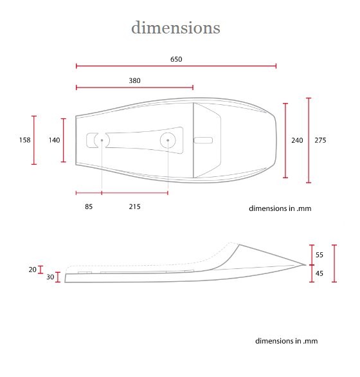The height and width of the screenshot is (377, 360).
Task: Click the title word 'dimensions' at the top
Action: tap(175, 28)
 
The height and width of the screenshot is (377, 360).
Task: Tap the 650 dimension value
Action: tap(176, 59)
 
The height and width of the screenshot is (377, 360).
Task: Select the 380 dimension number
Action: tap(134, 80)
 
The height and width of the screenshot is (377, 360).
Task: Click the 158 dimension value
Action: tap(25, 140)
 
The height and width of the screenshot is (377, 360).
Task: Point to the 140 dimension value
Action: tap(54, 140)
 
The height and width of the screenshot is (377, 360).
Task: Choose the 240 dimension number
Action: tap(297, 140)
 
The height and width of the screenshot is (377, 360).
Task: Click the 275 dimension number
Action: tap(320, 140)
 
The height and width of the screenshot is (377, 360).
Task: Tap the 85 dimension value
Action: tap(89, 207)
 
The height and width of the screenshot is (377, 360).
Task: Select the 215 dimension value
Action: tap(134, 207)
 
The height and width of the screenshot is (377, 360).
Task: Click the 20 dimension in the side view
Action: tap(32, 270)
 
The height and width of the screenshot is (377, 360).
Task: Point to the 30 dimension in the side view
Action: tap(50, 277)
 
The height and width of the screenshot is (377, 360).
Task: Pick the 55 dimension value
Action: tap(319, 255)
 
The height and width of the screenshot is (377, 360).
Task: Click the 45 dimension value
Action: tap(319, 273)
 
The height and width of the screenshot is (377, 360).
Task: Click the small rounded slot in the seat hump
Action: tap(203, 140)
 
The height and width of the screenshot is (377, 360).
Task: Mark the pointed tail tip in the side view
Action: tap(305, 265)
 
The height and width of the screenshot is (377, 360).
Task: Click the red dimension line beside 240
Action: tap(285, 141)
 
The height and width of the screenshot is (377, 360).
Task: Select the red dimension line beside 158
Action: tap(34, 140)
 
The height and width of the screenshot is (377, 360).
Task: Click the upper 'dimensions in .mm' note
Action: tap(280, 208)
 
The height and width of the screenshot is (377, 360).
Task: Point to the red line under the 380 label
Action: tap(134, 87)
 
